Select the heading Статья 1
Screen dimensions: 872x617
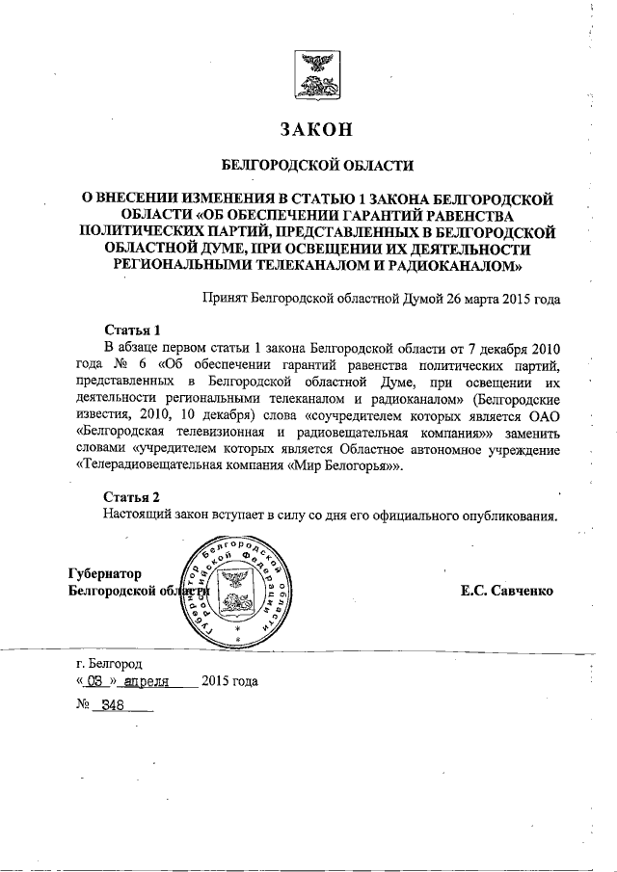[131, 330]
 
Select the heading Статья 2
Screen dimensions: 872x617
[131, 496]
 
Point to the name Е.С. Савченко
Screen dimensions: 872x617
[507, 590]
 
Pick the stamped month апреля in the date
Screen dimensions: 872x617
[148, 682]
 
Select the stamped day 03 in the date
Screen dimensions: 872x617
[94, 682]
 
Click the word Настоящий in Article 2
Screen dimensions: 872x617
[137, 514]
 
